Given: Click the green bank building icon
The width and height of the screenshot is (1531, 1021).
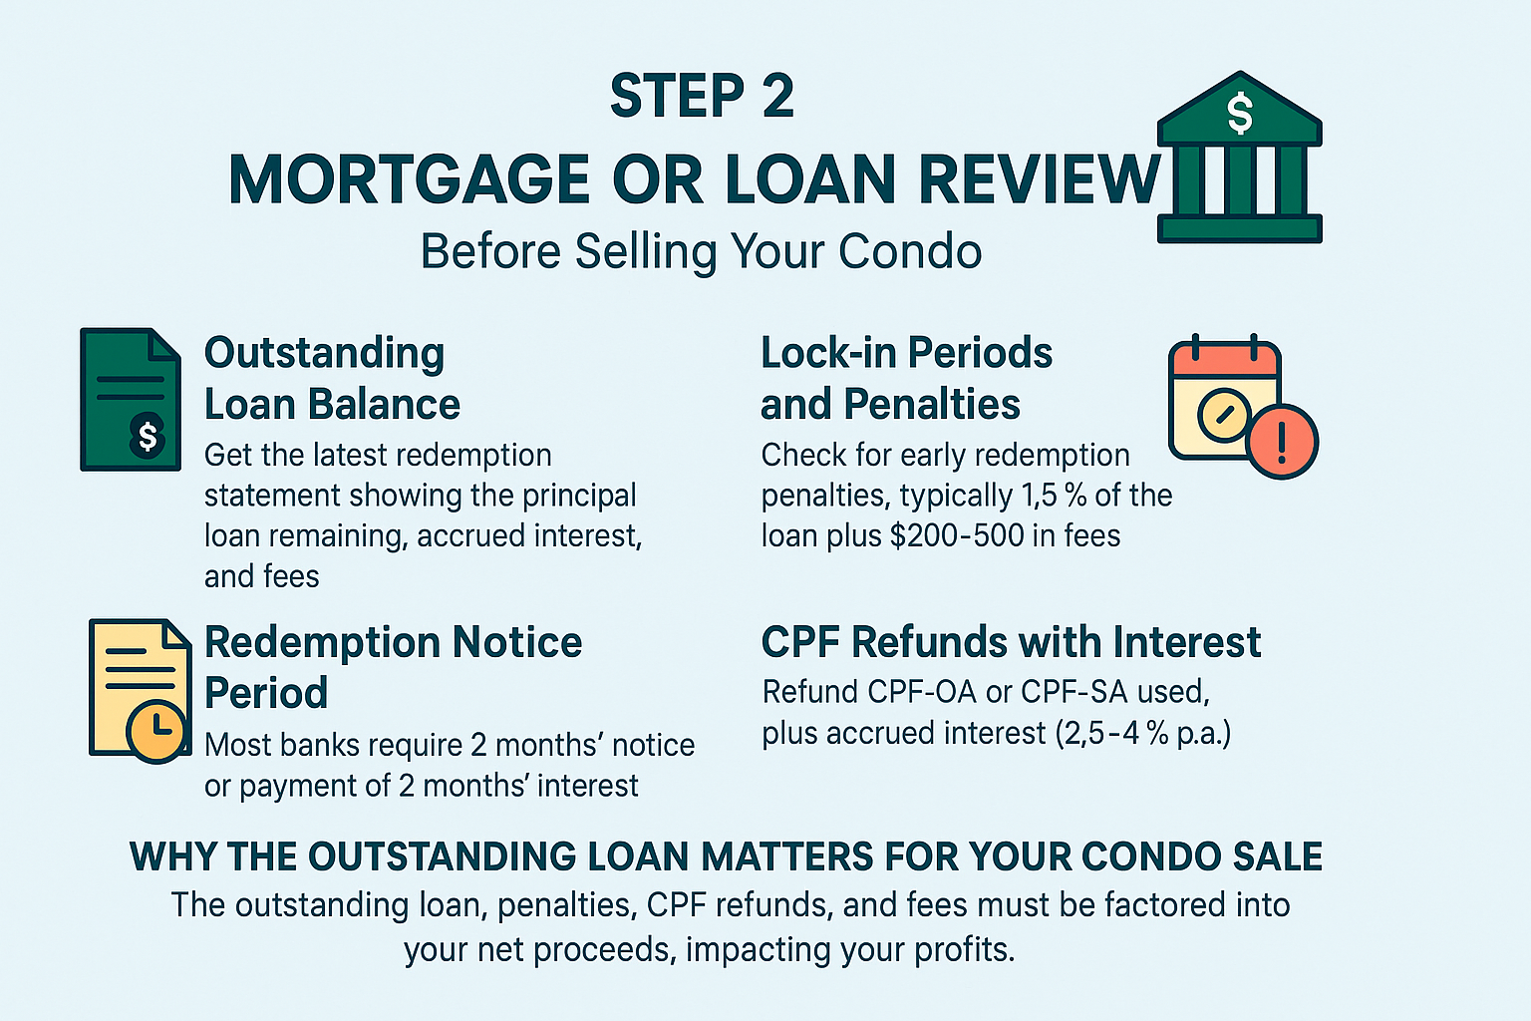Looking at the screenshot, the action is (1239, 158).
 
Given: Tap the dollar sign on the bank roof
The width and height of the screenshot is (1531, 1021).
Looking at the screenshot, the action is (1240, 113).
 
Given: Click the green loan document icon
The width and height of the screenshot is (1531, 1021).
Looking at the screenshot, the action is (131, 400).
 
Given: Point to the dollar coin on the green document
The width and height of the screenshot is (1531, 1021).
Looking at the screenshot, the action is (147, 435).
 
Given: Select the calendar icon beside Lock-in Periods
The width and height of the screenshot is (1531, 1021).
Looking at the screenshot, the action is (1224, 399).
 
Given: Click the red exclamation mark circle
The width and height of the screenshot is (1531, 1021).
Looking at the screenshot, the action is (1282, 442).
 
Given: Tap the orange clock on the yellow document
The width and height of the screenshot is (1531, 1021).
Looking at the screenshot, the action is (156, 731).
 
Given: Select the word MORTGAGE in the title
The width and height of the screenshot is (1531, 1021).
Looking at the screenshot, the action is (408, 179).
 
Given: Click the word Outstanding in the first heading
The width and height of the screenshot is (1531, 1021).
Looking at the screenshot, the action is (324, 354).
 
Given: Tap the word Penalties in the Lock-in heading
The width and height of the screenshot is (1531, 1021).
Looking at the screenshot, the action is (932, 404).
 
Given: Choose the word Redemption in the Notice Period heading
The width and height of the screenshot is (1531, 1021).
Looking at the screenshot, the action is (322, 643).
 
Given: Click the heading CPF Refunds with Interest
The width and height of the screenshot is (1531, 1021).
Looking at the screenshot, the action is (1011, 643).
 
